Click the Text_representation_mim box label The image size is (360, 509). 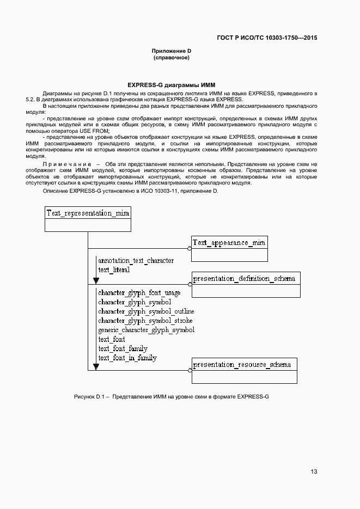pos(87,213)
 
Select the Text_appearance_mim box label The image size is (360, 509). pos(229,242)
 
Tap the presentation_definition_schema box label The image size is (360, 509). pos(245,279)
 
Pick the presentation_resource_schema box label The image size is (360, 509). pos(242,364)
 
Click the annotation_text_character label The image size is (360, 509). pos(136,261)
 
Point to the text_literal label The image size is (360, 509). pos(114,269)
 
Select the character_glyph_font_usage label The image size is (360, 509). pos(139,293)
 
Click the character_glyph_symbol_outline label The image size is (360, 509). pos(145,311)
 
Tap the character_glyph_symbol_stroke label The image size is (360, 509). pos(145,321)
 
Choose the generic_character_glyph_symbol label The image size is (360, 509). pos(146,330)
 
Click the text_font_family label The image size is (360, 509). pos(123,348)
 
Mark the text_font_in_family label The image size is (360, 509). pos(127,358)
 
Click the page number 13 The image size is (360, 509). pos(314,471)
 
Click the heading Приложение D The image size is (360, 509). pos(172,51)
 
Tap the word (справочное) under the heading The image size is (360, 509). pos(172,58)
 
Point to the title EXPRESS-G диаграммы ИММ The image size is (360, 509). pos(172,85)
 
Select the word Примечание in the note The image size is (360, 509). pos(66,164)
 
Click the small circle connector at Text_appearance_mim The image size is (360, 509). pos(190,248)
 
